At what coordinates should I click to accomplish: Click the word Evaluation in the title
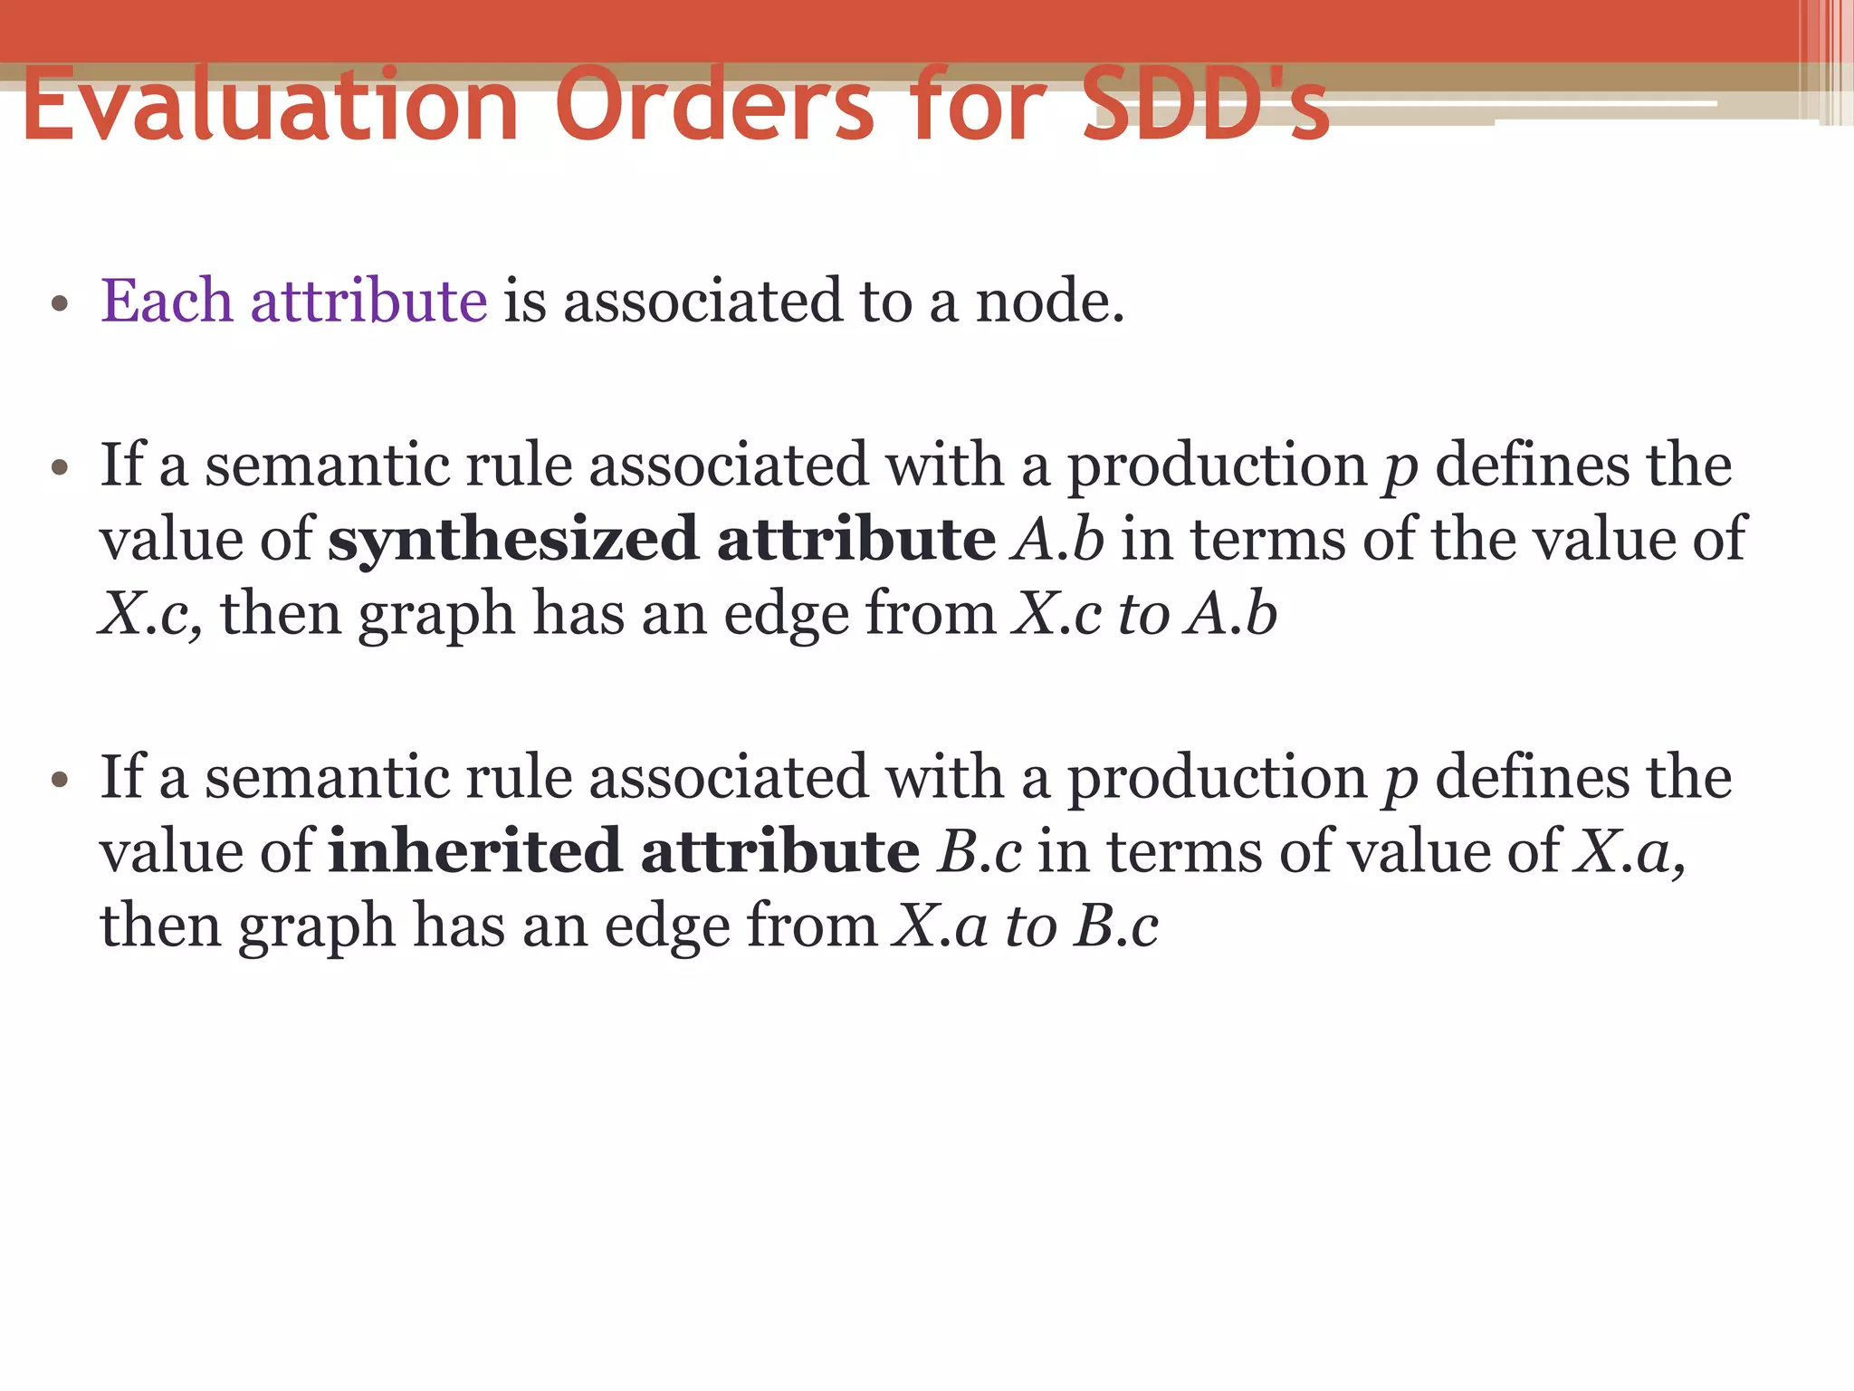270,106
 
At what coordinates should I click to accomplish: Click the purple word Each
167,301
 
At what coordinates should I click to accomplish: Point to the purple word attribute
369,301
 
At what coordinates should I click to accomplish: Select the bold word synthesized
512,540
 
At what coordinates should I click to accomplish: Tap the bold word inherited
474,852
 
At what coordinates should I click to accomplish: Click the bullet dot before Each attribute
61,304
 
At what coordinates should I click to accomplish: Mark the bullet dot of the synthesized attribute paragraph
61,469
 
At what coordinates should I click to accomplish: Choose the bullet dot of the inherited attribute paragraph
61,781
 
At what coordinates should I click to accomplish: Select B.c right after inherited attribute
980,852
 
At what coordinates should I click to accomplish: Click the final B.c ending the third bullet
1117,926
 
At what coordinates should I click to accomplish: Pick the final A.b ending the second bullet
1233,614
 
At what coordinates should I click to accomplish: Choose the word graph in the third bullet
317,926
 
